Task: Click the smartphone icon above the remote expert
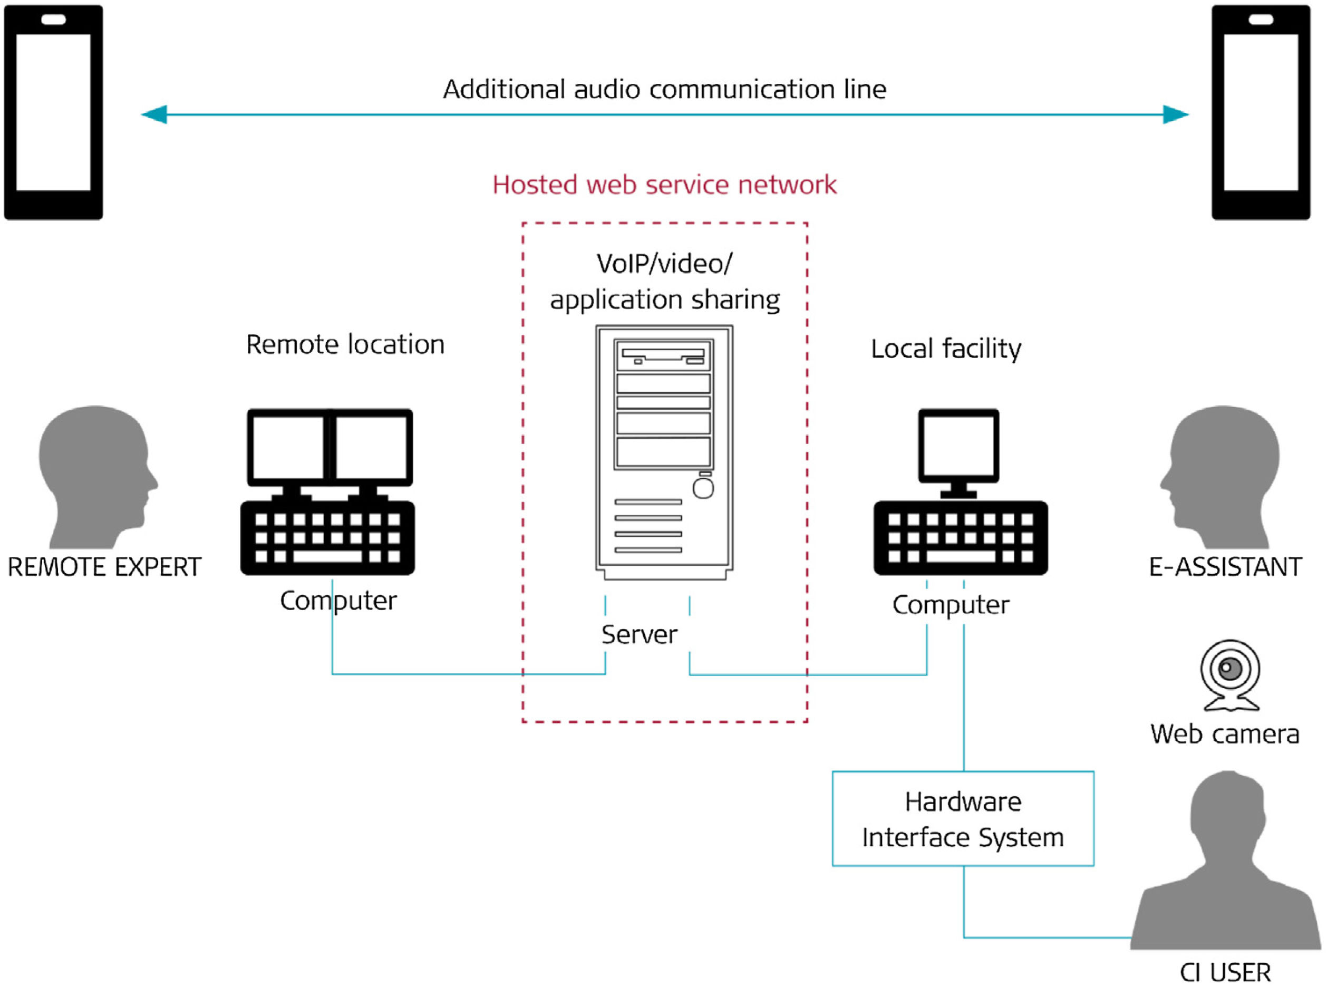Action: (53, 112)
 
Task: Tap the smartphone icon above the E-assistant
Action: (1260, 112)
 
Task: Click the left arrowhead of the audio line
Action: (154, 114)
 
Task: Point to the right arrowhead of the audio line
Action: (1175, 114)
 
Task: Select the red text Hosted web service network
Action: (664, 185)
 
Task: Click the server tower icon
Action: (664, 452)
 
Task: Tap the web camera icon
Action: (1231, 675)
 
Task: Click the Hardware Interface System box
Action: (963, 819)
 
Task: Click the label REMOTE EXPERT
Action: (104, 567)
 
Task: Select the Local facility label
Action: (946, 349)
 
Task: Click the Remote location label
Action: (345, 345)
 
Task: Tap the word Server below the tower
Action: (639, 634)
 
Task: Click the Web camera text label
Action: (1224, 734)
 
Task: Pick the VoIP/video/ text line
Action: (664, 264)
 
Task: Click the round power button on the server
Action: (703, 489)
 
